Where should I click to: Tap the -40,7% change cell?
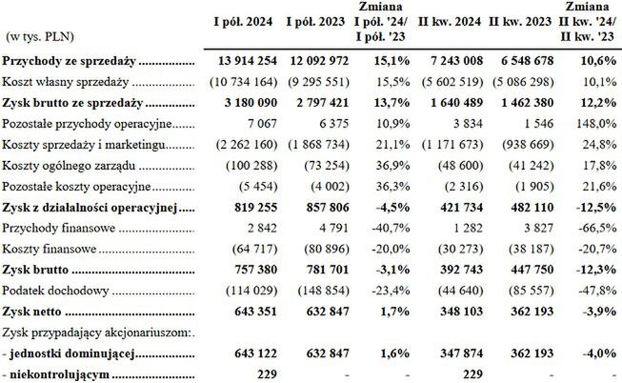[x=386, y=227]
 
